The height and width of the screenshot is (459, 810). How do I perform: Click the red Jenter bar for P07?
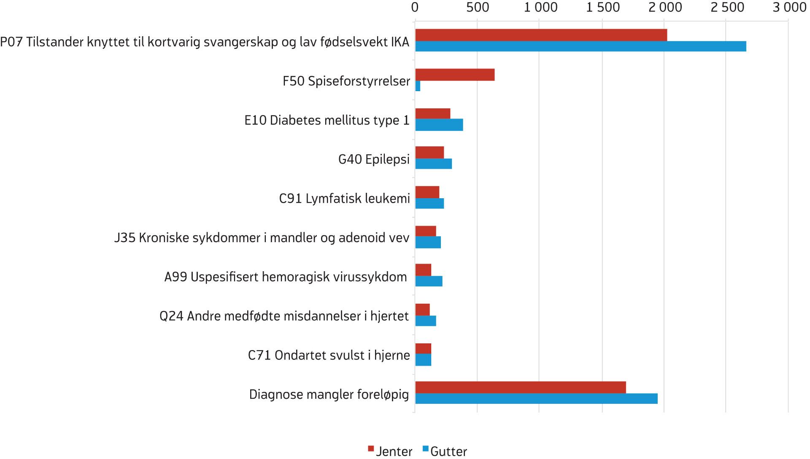(541, 35)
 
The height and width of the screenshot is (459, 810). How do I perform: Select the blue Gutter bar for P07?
(580, 46)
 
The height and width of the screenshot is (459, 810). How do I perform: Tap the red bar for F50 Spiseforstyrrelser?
(455, 75)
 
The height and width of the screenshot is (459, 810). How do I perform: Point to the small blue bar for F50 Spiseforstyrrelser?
(418, 86)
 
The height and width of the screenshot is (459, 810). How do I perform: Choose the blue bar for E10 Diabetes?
(439, 125)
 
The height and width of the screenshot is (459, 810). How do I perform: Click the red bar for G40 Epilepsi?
(429, 152)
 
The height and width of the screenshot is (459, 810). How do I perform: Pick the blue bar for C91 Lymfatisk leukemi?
(429, 203)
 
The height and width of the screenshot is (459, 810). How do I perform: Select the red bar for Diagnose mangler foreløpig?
(521, 387)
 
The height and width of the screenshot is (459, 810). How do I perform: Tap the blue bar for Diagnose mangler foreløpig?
(536, 399)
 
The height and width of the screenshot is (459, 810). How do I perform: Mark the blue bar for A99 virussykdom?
(429, 281)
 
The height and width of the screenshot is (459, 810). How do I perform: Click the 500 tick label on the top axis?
(478, 7)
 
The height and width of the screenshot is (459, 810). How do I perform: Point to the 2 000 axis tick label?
(665, 7)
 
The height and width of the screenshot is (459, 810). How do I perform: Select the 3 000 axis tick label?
(789, 7)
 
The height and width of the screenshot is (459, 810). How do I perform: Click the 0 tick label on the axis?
(415, 7)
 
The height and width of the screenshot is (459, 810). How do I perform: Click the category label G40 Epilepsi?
(374, 159)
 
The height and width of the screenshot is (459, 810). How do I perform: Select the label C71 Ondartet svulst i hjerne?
(329, 355)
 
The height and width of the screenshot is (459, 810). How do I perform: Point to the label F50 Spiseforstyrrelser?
(346, 81)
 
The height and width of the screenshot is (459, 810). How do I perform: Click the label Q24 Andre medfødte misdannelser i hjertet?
(284, 316)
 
